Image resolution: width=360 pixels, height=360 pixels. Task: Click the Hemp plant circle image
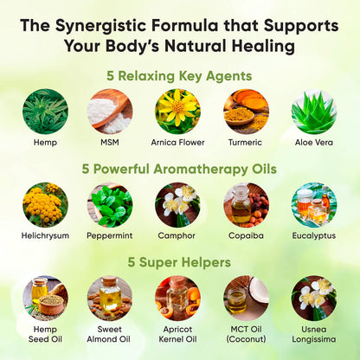[x=45, y=112]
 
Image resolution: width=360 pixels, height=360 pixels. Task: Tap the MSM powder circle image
[x=110, y=112]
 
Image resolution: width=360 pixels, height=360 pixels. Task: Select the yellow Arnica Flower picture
[x=177, y=112]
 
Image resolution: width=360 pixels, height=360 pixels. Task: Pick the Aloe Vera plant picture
[x=314, y=112]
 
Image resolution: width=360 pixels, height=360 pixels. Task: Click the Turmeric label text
[x=245, y=142]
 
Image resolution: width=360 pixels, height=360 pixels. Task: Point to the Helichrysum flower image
[x=45, y=205]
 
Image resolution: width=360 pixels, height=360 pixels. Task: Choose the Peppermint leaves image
[x=110, y=205]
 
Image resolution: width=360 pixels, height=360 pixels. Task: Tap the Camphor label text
[x=177, y=235]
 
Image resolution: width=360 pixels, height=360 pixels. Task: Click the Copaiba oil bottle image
[x=246, y=205]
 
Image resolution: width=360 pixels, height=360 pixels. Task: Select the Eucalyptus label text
[x=314, y=235]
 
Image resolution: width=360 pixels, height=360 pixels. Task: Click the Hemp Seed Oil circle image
[x=45, y=299]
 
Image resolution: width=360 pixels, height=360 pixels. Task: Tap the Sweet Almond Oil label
[x=109, y=334]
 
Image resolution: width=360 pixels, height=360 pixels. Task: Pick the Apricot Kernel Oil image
[x=177, y=299]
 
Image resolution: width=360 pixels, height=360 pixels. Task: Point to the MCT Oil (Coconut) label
[x=246, y=334]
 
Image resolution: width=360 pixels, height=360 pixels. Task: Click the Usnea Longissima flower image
[x=314, y=299]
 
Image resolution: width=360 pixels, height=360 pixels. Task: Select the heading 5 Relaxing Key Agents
[x=179, y=76]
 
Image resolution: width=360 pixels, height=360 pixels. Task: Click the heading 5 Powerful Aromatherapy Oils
[x=179, y=170]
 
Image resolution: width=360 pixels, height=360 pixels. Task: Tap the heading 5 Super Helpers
[x=179, y=262]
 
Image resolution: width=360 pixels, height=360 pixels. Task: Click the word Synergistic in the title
[x=100, y=26]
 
